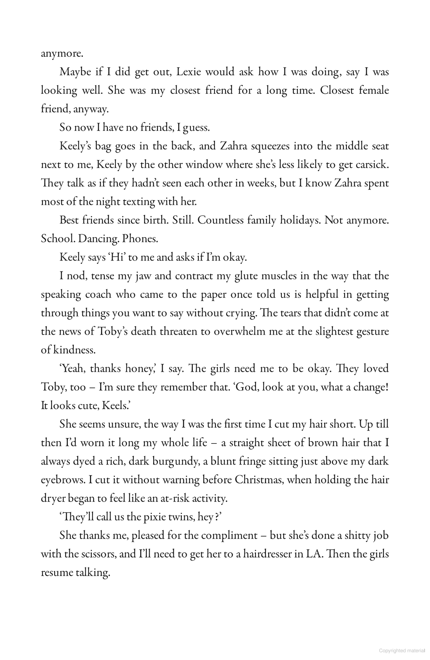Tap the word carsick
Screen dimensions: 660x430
click(x=370, y=165)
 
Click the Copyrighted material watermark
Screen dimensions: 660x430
click(x=402, y=651)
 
